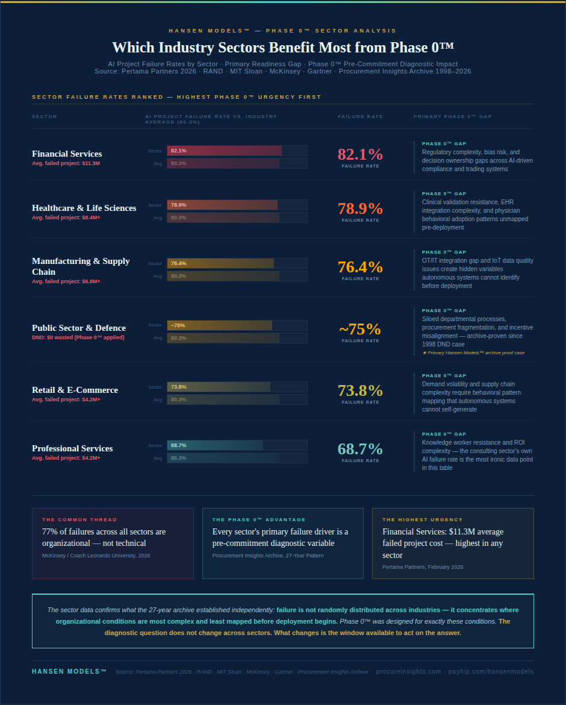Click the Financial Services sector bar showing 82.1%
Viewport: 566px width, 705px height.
(x=224, y=151)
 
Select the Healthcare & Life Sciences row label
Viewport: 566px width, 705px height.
(x=84, y=208)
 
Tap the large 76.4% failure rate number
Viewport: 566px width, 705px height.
(x=360, y=267)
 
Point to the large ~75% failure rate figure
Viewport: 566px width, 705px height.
(x=360, y=330)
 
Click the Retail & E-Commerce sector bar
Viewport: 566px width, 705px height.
(x=219, y=387)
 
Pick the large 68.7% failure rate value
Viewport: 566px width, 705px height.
(x=360, y=449)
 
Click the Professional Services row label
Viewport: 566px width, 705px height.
(x=72, y=448)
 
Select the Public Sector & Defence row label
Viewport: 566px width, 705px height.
(x=79, y=328)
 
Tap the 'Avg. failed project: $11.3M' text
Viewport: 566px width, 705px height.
(x=66, y=163)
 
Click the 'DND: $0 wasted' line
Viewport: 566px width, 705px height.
(x=78, y=337)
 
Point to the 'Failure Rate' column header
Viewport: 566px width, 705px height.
(x=360, y=116)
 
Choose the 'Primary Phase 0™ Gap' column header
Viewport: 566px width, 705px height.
(x=453, y=116)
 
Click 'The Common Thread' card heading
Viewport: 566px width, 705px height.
(x=79, y=519)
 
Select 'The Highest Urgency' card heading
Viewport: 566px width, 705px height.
(x=423, y=519)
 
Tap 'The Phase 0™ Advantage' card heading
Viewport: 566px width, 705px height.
(x=259, y=519)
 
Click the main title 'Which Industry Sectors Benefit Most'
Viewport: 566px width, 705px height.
(x=283, y=48)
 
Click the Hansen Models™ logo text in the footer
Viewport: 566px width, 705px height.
(x=69, y=671)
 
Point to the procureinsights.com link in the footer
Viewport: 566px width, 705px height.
(x=408, y=671)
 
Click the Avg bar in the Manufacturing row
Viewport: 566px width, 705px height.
(x=223, y=276)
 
